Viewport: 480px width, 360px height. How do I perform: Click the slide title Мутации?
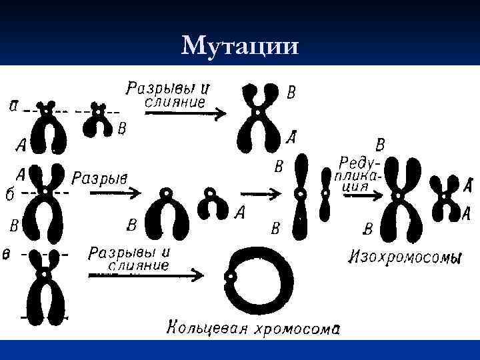[240, 46]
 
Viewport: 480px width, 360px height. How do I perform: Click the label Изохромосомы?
[405, 256]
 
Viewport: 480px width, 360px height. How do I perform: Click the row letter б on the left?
[9, 194]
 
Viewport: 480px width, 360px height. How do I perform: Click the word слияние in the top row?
[175, 102]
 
